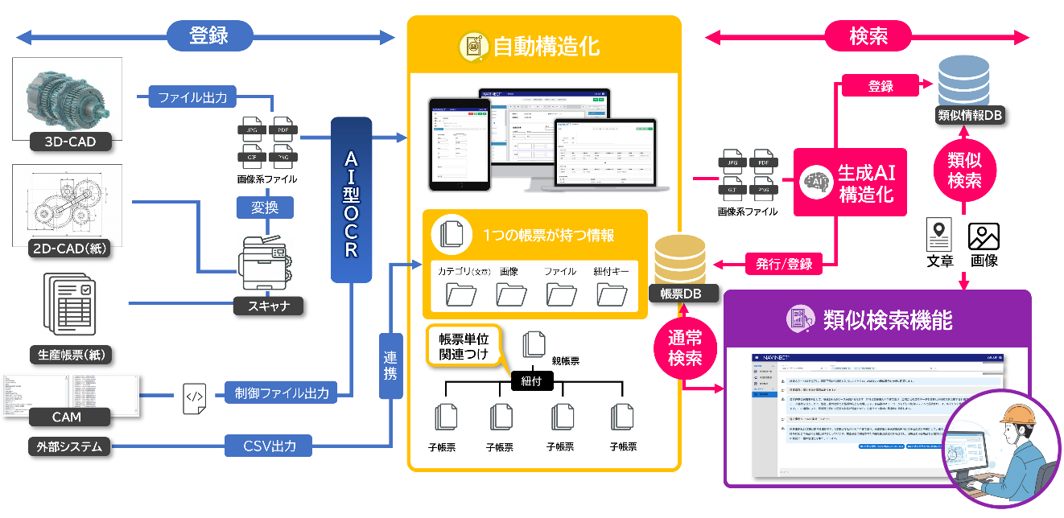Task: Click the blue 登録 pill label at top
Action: pos(209,36)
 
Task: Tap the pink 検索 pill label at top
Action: pos(868,36)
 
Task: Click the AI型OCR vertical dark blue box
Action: pos(351,200)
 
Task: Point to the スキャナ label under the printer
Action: pos(269,306)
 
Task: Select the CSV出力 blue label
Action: pos(270,445)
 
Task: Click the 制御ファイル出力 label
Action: pos(282,393)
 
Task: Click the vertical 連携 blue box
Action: pos(390,366)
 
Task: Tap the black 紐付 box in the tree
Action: pos(532,380)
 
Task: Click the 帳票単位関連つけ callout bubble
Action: pos(463,346)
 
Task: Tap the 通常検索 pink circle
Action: pos(684,347)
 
